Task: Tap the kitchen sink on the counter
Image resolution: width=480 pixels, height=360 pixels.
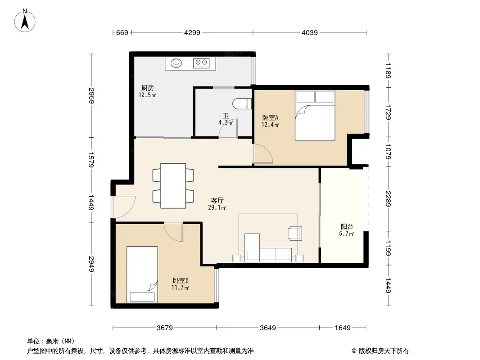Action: pos(176,63)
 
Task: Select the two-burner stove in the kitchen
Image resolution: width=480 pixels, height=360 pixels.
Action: pos(201,63)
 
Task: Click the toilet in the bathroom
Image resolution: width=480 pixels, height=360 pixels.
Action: pos(244,103)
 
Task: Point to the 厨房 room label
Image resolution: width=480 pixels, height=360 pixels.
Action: pos(148,88)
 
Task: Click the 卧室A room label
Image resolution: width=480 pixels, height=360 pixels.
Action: pos(271,118)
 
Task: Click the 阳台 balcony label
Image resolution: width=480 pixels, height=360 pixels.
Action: pos(347,227)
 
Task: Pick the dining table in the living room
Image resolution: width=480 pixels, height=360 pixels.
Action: pos(174,186)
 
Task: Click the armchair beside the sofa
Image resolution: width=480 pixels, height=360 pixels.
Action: pos(295,233)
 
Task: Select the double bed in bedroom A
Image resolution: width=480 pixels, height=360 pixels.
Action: pos(315,116)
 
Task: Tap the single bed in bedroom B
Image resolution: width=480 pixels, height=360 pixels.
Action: pos(142,274)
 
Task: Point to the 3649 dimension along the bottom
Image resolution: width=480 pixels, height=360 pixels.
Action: pos(267,328)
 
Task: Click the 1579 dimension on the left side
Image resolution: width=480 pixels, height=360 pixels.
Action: pos(92,159)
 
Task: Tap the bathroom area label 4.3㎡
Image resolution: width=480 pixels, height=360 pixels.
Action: pos(226,122)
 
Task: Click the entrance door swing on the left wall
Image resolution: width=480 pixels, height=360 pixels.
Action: pos(124,207)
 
